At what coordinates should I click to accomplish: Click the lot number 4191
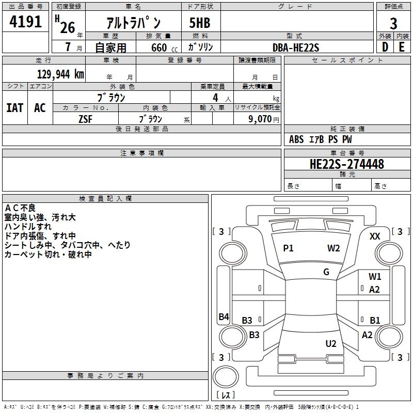coord(26,23)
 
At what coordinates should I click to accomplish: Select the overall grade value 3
coord(393,23)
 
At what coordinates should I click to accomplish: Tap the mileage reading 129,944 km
coord(60,74)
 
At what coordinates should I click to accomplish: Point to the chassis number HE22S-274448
coord(346,164)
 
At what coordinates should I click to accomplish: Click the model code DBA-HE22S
coord(296,47)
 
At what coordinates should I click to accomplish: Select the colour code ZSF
coord(86,118)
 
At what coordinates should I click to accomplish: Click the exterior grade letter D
coord(385,47)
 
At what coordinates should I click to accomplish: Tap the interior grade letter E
coord(401,47)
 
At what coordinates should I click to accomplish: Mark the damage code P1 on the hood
coord(288,248)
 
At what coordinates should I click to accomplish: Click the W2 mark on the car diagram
coord(333,248)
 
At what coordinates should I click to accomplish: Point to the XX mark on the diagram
coord(375,236)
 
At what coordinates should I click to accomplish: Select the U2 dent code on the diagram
coord(331,344)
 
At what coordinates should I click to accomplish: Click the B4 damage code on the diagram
coord(224,317)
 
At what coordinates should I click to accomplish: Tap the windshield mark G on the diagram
coord(326,272)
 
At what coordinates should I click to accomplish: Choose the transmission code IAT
coord(14,108)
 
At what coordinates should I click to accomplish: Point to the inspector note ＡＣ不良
coord(20,208)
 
